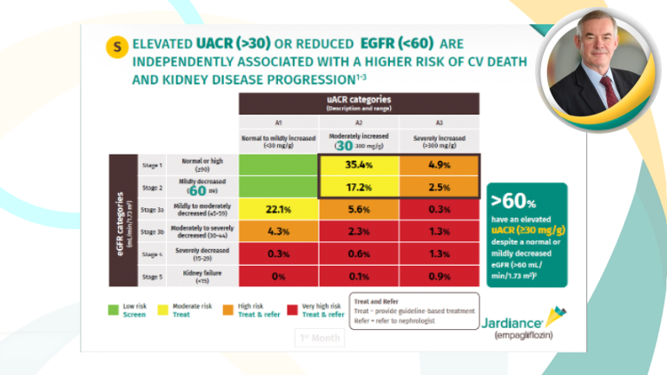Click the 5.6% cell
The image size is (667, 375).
[360, 209]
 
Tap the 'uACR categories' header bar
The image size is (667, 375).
[360, 102]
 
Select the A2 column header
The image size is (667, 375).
[360, 123]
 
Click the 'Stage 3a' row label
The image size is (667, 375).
[152, 210]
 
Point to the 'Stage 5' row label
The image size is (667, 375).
[152, 276]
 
